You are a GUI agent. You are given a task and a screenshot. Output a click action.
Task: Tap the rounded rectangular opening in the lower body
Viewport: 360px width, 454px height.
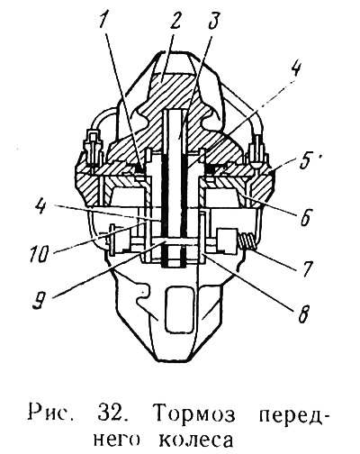pos(179,309)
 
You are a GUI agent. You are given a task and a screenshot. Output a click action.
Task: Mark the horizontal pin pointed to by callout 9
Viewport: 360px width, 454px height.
pos(174,241)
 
